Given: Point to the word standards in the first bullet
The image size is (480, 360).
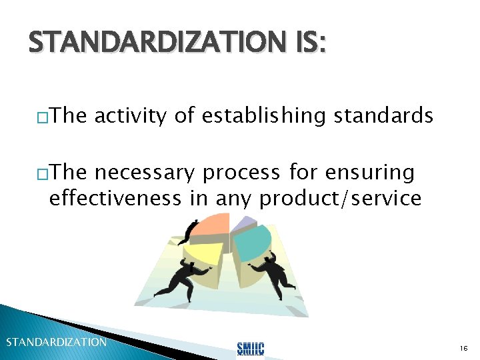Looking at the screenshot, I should (x=383, y=117).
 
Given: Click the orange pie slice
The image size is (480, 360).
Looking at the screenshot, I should (x=210, y=226).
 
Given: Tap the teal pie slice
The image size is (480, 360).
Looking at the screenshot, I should (x=250, y=240).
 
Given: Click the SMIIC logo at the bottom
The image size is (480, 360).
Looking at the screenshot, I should (x=251, y=347).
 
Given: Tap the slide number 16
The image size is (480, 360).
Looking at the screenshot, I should (x=463, y=349).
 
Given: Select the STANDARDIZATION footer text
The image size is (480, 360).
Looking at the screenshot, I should (x=56, y=342).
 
